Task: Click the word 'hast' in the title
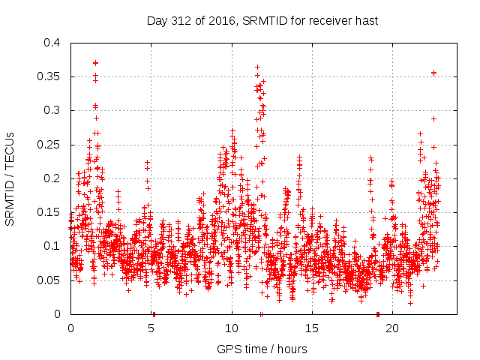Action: [365, 21]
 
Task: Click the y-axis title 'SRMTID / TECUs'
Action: [10, 178]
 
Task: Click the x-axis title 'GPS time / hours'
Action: [262, 349]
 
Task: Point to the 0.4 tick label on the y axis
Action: [52, 43]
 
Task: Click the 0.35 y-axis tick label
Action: [49, 76]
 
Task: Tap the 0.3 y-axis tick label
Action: [52, 110]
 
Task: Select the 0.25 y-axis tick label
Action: [49, 144]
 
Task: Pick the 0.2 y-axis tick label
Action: [52, 178]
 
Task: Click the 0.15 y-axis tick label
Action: [49, 212]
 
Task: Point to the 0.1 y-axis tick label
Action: [52, 246]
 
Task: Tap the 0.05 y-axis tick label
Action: [49, 280]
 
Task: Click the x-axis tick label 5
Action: [151, 328]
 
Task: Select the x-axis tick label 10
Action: [232, 328]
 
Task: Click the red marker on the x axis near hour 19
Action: [377, 314]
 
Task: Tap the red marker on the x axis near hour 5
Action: [154, 314]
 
